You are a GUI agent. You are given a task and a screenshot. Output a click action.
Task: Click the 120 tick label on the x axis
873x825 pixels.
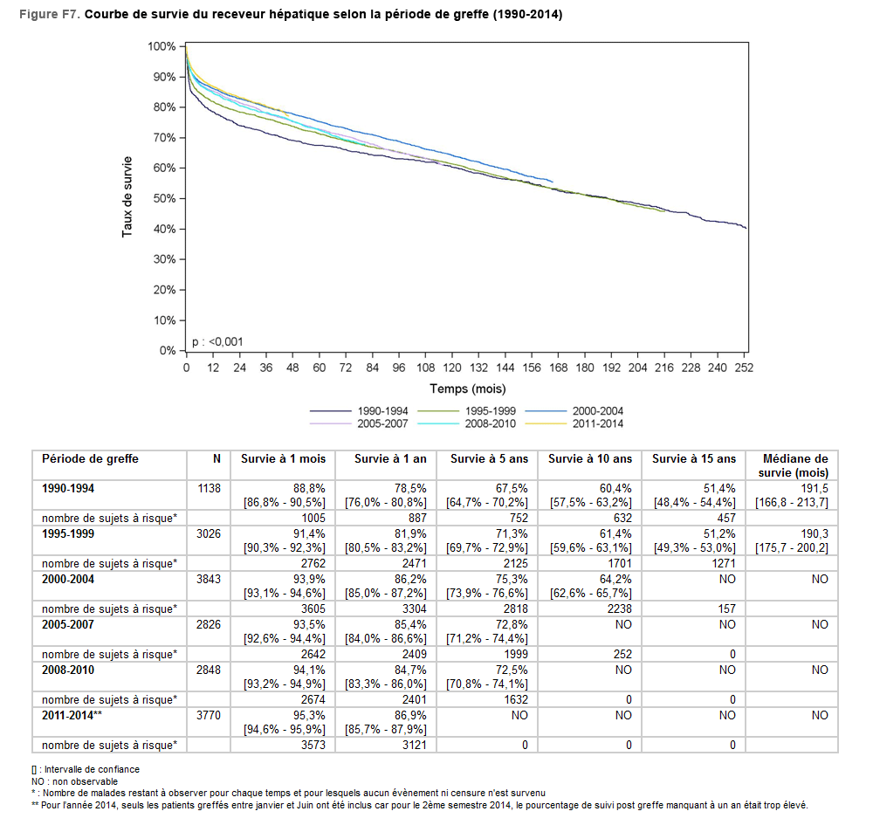click(x=452, y=368)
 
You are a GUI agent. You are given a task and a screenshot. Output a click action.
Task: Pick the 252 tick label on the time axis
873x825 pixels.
click(x=744, y=368)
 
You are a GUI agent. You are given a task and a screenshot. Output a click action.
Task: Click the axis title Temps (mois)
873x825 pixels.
click(x=467, y=388)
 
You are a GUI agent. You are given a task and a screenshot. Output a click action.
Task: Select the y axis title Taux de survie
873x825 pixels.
click(x=127, y=197)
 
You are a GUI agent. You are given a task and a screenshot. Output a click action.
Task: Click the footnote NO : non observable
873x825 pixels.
click(x=74, y=781)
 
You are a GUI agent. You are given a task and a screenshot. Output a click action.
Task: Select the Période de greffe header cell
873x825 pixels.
click(x=91, y=459)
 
